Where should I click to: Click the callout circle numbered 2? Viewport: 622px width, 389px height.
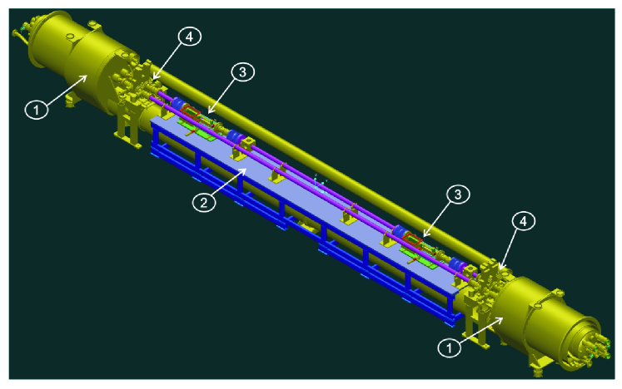[x=204, y=203]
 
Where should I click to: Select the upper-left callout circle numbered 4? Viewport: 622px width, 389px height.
[x=190, y=37]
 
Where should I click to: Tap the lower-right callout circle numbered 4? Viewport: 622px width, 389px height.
[x=523, y=221]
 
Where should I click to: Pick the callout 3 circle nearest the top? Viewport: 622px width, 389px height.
[x=242, y=72]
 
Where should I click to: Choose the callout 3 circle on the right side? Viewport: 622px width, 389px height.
[x=458, y=194]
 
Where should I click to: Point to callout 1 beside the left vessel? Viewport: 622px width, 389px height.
[x=37, y=109]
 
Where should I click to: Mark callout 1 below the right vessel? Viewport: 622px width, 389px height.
[x=450, y=348]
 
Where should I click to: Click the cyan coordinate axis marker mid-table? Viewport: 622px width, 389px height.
[x=320, y=183]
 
